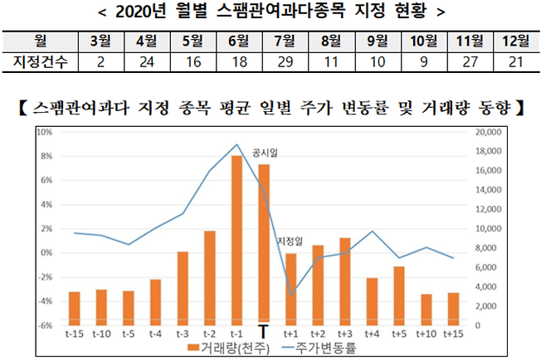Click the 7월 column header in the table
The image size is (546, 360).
tap(282, 40)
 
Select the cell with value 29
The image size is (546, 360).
tap(282, 61)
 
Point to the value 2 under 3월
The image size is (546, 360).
tap(100, 61)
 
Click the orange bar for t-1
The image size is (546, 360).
tap(236, 241)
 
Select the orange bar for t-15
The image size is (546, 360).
tap(75, 308)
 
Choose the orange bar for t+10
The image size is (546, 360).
tap(426, 309)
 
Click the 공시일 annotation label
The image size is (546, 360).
tap(265, 153)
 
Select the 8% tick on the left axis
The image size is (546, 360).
tap(46, 156)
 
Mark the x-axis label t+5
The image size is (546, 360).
tap(398, 333)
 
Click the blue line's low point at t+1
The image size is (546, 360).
tap(290, 294)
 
